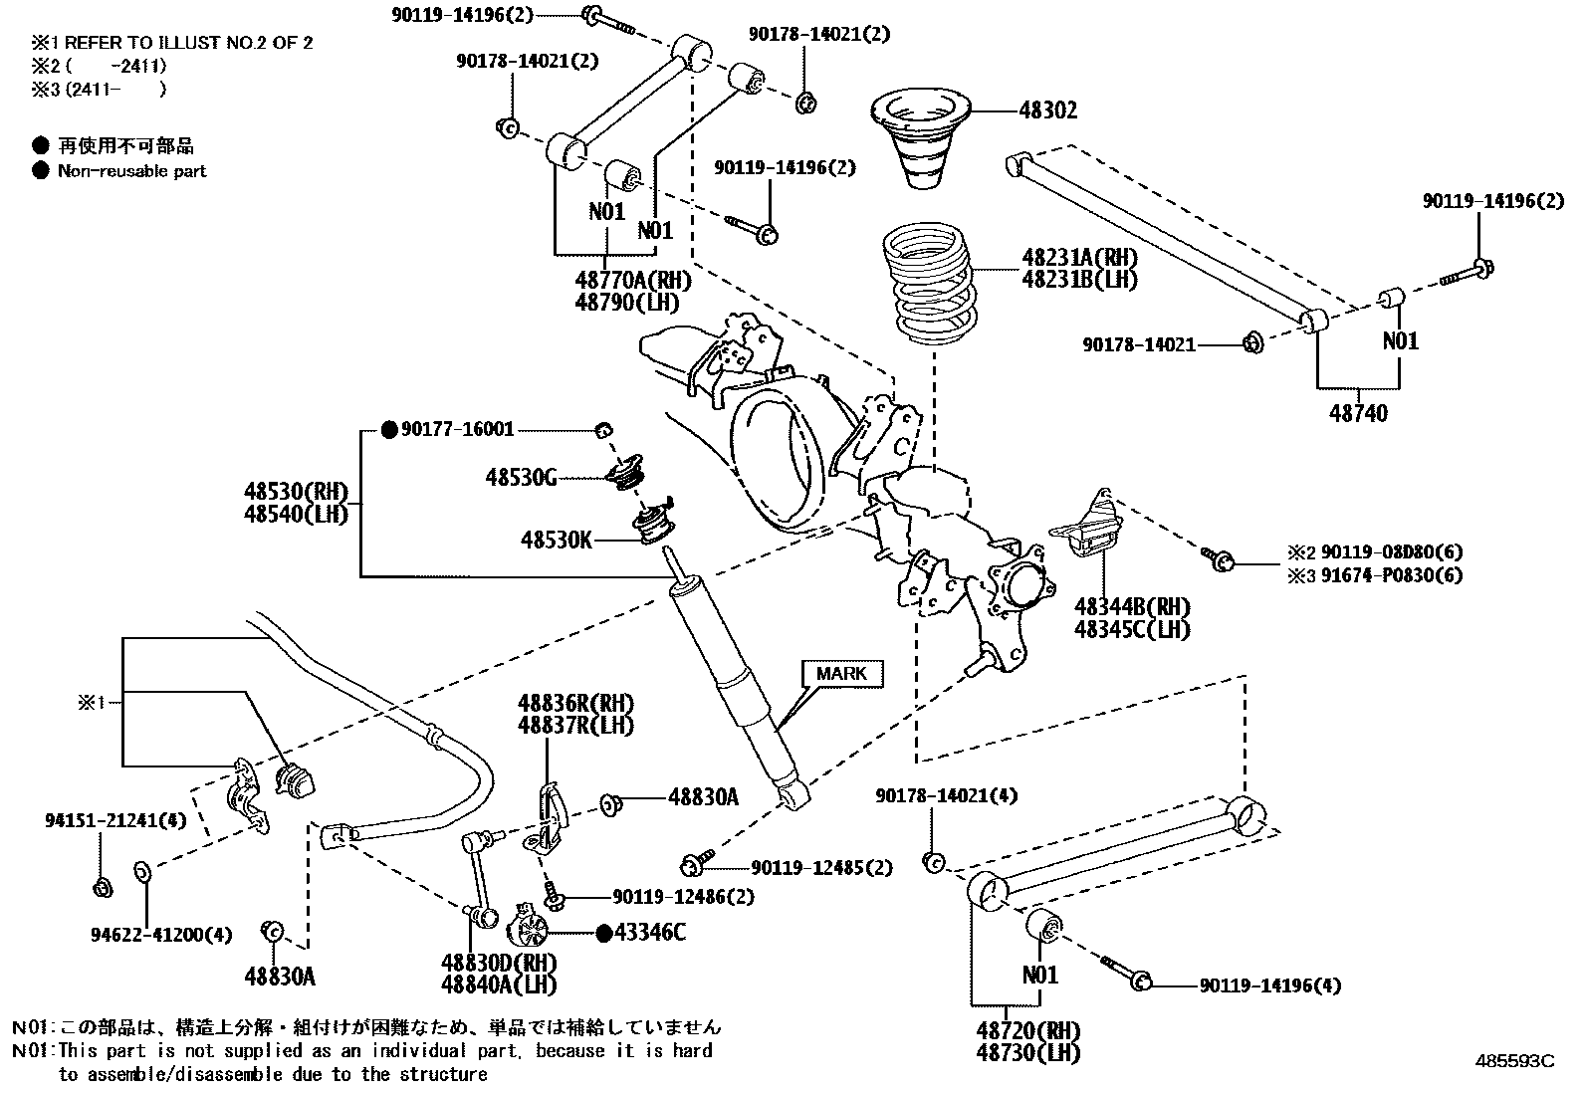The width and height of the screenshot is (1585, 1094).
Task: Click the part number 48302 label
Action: tap(1047, 110)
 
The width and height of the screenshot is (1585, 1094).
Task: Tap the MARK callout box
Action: tap(841, 674)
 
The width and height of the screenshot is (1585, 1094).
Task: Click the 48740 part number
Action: tap(1358, 412)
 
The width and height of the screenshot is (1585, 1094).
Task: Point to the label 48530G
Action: tap(521, 478)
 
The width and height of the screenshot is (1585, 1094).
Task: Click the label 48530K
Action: tap(556, 540)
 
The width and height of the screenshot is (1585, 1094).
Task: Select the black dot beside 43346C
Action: tap(602, 933)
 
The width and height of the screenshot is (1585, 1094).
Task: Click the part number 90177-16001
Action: tap(458, 429)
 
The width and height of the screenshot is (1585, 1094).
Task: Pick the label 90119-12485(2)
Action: tap(821, 868)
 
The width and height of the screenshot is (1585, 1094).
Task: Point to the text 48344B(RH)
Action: tap(1132, 607)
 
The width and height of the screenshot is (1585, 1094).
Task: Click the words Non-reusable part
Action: tap(131, 171)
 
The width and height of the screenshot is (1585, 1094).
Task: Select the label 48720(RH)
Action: tap(1028, 1030)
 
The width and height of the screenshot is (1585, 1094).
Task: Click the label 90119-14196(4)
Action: tap(1269, 985)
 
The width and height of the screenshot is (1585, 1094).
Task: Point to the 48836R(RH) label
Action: tap(575, 704)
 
